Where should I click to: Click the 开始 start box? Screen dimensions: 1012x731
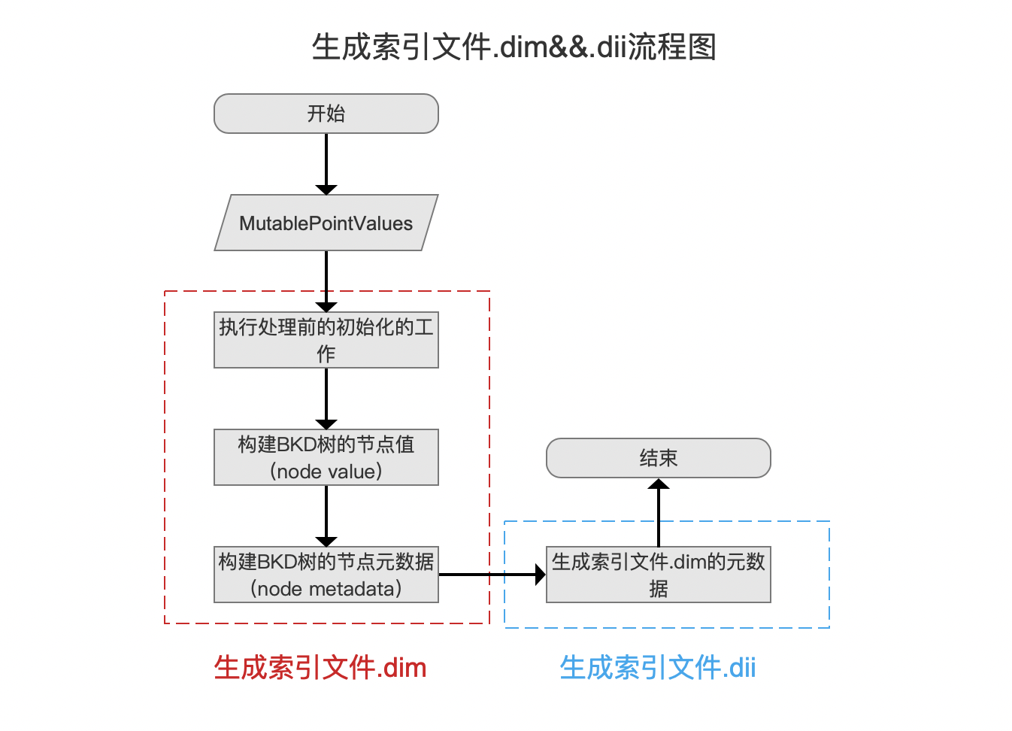click(326, 114)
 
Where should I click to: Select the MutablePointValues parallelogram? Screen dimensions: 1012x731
click(326, 223)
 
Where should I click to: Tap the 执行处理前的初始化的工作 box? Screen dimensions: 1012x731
click(326, 340)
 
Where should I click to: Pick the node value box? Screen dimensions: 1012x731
click(326, 457)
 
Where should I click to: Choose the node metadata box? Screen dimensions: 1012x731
click(326, 575)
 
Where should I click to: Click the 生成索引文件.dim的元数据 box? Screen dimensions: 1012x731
click(659, 575)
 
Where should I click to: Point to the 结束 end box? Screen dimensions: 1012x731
click(659, 458)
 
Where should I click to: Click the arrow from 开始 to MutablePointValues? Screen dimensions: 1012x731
click(326, 165)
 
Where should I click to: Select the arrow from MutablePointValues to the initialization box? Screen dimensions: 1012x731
click(326, 281)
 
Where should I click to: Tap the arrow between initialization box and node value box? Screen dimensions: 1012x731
click(326, 399)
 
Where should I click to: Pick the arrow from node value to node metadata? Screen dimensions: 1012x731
click(326, 517)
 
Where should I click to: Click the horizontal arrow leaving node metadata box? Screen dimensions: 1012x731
click(492, 575)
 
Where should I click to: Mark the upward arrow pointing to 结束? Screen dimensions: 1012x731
click(659, 512)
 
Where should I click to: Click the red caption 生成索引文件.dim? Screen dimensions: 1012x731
click(320, 668)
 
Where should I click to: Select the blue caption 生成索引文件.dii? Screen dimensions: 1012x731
click(658, 668)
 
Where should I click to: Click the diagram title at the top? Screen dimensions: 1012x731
click(514, 47)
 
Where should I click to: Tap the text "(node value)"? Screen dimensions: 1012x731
click(326, 472)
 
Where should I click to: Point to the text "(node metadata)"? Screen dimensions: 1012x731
click(326, 589)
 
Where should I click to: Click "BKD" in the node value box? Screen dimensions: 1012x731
click(296, 444)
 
